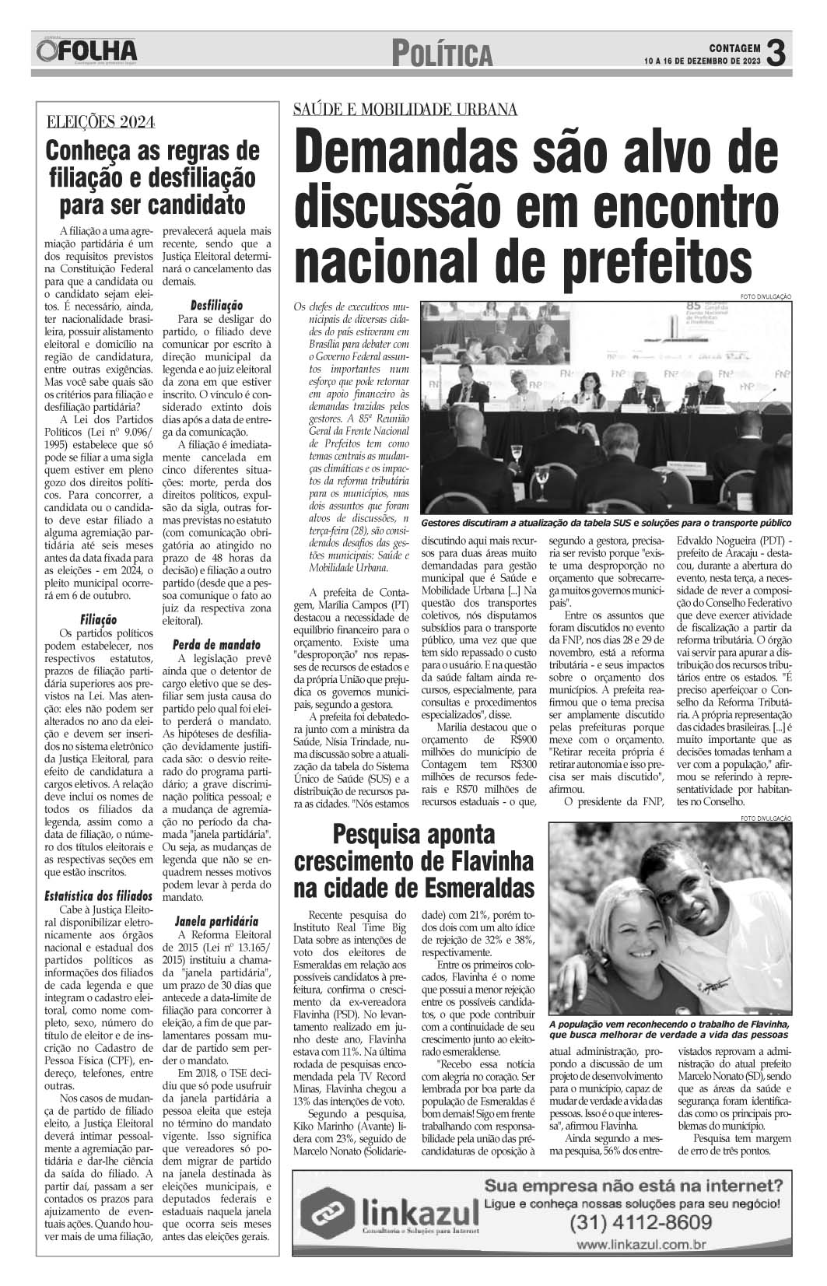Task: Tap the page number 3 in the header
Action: (x=776, y=53)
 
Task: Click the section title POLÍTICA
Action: (x=443, y=54)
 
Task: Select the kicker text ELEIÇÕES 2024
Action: (x=100, y=121)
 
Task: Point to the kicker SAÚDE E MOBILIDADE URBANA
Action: (x=405, y=110)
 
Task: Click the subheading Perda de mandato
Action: (x=216, y=644)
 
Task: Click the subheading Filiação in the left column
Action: (x=99, y=620)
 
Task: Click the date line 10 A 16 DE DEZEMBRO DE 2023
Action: (x=703, y=61)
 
